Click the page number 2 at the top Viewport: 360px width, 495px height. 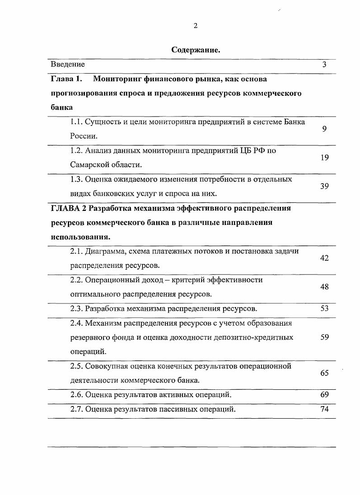(x=196, y=26)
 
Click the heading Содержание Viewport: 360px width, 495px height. (x=196, y=50)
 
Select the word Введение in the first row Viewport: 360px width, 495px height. (x=68, y=65)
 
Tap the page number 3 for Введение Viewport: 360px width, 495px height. (x=324, y=65)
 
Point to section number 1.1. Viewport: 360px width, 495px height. (x=77, y=122)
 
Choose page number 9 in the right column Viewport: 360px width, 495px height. (x=324, y=129)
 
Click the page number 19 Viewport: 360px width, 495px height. (x=324, y=158)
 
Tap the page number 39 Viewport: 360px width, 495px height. (x=324, y=186)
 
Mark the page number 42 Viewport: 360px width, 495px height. (x=324, y=258)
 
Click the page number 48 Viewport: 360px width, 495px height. (x=324, y=287)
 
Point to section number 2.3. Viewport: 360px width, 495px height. (x=77, y=309)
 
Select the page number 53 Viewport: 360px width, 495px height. (x=324, y=308)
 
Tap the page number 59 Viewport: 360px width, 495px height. (x=324, y=337)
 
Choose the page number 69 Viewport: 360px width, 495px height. (x=324, y=395)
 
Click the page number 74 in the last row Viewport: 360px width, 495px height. (x=324, y=409)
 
